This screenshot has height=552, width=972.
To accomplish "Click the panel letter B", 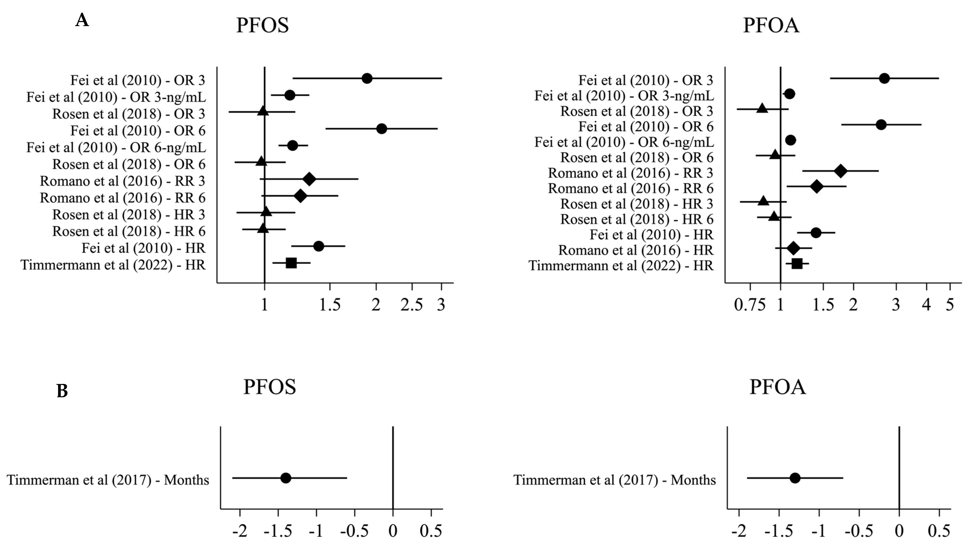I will click(x=62, y=391).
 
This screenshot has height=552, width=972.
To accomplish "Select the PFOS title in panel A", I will click(x=262, y=25).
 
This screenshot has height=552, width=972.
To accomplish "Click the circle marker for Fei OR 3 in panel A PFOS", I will click(x=367, y=78).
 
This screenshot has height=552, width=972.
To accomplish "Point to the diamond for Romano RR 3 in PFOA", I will click(x=840, y=171).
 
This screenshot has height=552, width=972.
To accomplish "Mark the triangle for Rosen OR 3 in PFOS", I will click(x=263, y=111).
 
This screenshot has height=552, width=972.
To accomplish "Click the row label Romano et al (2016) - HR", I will click(x=636, y=250).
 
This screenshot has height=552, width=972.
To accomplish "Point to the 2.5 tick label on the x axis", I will click(x=412, y=304).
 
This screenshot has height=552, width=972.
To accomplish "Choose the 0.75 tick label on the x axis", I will click(x=750, y=304).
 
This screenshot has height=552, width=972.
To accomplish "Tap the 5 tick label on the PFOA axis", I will click(x=949, y=304).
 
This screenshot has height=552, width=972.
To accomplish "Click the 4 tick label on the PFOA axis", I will click(x=926, y=304).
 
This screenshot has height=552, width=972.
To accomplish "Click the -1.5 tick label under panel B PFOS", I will click(x=278, y=531).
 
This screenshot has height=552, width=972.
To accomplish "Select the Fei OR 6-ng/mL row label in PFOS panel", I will click(x=116, y=147).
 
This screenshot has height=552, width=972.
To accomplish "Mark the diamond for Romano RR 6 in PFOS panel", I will click(x=300, y=196).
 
